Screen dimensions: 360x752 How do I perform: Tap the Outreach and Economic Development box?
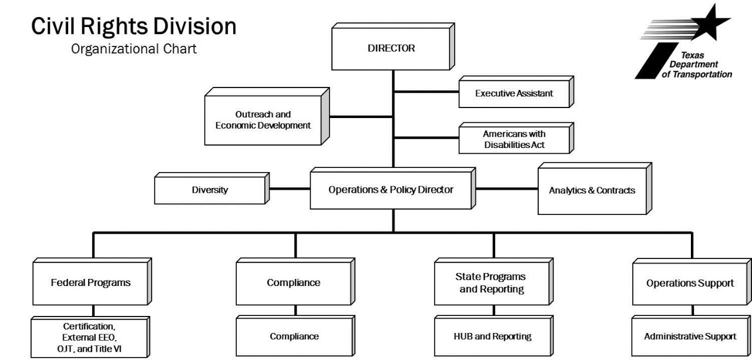[263, 120]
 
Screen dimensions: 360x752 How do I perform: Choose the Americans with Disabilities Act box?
[513, 139]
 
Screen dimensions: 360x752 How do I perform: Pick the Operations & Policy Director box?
[392, 190]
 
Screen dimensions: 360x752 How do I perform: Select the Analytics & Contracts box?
[592, 190]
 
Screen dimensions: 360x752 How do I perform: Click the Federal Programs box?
[90, 282]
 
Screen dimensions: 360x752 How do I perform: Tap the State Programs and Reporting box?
[490, 282]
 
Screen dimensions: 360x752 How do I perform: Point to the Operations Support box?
[689, 282]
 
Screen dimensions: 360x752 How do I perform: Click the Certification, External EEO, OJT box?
[90, 337]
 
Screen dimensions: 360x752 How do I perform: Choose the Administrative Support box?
[689, 337]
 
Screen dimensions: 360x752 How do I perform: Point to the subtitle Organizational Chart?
[134, 49]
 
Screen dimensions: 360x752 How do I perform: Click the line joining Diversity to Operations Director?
[289, 189]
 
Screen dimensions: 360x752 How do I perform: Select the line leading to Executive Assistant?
[426, 92]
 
